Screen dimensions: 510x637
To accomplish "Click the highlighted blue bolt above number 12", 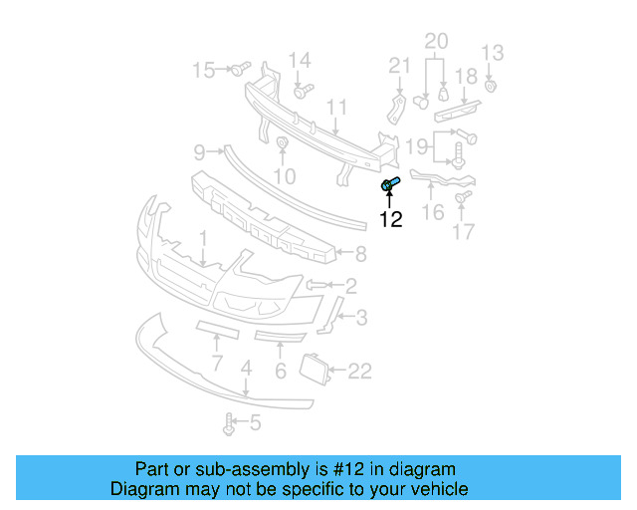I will (389, 183).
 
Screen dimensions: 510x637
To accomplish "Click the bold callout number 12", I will (390, 219).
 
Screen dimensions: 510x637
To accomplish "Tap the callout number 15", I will (203, 70).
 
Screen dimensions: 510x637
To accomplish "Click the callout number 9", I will (199, 152).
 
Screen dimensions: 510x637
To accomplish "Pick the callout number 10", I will (285, 176).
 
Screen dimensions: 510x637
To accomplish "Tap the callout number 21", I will (400, 66).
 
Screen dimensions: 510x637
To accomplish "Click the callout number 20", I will (437, 41).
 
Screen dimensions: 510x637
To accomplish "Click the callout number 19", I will (417, 147).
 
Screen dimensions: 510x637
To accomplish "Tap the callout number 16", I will (433, 212).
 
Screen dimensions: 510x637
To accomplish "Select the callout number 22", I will (359, 371).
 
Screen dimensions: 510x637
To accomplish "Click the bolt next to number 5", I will (230, 424).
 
